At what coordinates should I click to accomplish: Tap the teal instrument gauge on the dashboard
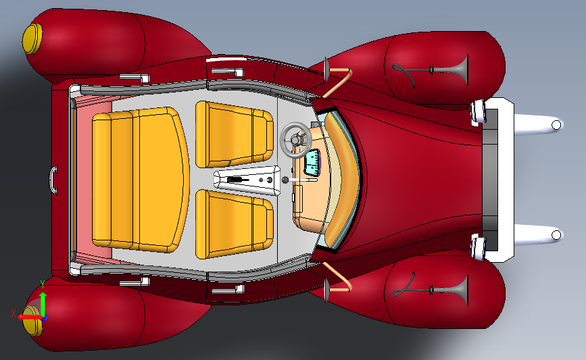[x=312, y=163]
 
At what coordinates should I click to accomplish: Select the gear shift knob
[x=285, y=180]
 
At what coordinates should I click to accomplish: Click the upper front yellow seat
[x=235, y=134]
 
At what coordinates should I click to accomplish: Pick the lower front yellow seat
[x=235, y=224]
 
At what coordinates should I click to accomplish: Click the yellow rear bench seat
[x=139, y=180]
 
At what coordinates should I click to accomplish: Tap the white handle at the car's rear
[x=53, y=180]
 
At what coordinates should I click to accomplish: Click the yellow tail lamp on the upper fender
[x=32, y=39]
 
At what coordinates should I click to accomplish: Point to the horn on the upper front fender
[x=431, y=70]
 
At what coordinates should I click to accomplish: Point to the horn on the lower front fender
[x=431, y=290]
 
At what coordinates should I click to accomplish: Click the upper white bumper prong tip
[x=556, y=125]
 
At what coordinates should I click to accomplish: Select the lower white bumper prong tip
[x=556, y=235]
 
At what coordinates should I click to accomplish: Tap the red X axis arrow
[x=30, y=317]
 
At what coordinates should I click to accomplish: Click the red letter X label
[x=14, y=313]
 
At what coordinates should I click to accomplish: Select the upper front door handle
[x=228, y=71]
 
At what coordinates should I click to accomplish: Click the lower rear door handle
[x=135, y=282]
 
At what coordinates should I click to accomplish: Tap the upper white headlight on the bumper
[x=478, y=111]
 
